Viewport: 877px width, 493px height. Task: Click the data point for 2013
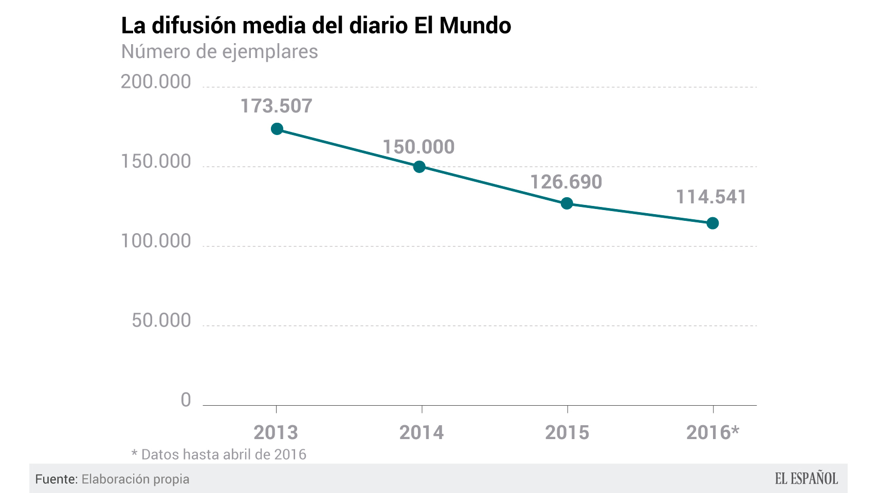point(277,129)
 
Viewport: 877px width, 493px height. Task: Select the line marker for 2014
point(419,166)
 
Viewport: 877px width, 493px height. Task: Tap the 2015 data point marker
point(567,203)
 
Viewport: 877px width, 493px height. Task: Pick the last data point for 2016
point(712,223)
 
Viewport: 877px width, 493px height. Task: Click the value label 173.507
point(277,106)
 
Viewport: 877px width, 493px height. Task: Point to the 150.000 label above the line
point(418,147)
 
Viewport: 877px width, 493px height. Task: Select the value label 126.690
point(566,182)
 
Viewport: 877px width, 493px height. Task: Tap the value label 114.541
point(711,197)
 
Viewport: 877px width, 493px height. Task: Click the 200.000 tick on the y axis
point(156,82)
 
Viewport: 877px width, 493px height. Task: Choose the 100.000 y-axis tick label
point(156,241)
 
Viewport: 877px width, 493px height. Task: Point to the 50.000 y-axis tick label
point(161,321)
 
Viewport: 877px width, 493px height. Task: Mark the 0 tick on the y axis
point(186,400)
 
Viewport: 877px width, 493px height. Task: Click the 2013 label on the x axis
point(276,433)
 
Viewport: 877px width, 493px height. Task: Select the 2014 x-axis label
point(422,433)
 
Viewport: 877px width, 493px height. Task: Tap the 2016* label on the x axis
point(712,433)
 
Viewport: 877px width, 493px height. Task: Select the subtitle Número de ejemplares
point(220,52)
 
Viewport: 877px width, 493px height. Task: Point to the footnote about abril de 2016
point(219,454)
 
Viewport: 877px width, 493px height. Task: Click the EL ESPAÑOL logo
point(806,479)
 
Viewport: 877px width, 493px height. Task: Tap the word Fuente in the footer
point(56,479)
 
